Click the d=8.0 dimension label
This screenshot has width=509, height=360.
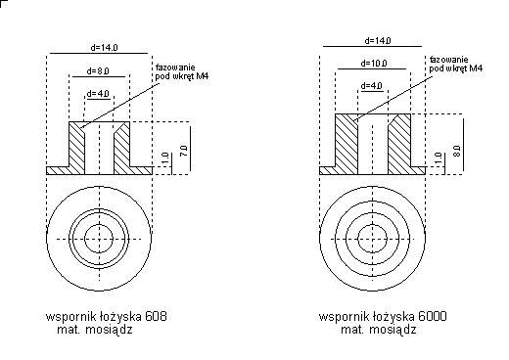pyautogui.click(x=98, y=71)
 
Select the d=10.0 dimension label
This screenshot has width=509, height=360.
pyautogui.click(x=374, y=64)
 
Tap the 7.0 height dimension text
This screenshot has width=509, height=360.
pyautogui.click(x=184, y=151)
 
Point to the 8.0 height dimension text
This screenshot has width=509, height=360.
pyautogui.click(x=457, y=151)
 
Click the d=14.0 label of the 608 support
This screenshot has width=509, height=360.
pyautogui.click(x=104, y=48)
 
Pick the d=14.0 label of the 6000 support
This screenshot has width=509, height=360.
pyautogui.click(x=378, y=41)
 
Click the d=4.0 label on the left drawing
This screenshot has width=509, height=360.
pyautogui.click(x=98, y=94)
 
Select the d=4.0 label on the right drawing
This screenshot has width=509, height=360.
pyautogui.click(x=372, y=86)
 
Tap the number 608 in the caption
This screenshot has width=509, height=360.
pyautogui.click(x=156, y=316)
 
